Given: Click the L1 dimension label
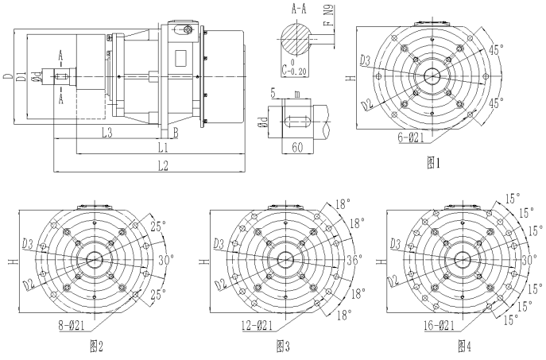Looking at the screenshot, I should coord(162,148).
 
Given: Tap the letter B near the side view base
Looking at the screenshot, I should coord(175,132).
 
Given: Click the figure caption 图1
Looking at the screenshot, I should coord(433,163).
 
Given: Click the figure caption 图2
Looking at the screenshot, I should coord(98,346).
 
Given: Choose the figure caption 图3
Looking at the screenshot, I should coord(282,346).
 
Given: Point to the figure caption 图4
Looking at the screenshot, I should coord(465,346).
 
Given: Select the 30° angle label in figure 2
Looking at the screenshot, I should coord(164,260).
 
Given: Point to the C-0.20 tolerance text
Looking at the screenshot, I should coord(292,68).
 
